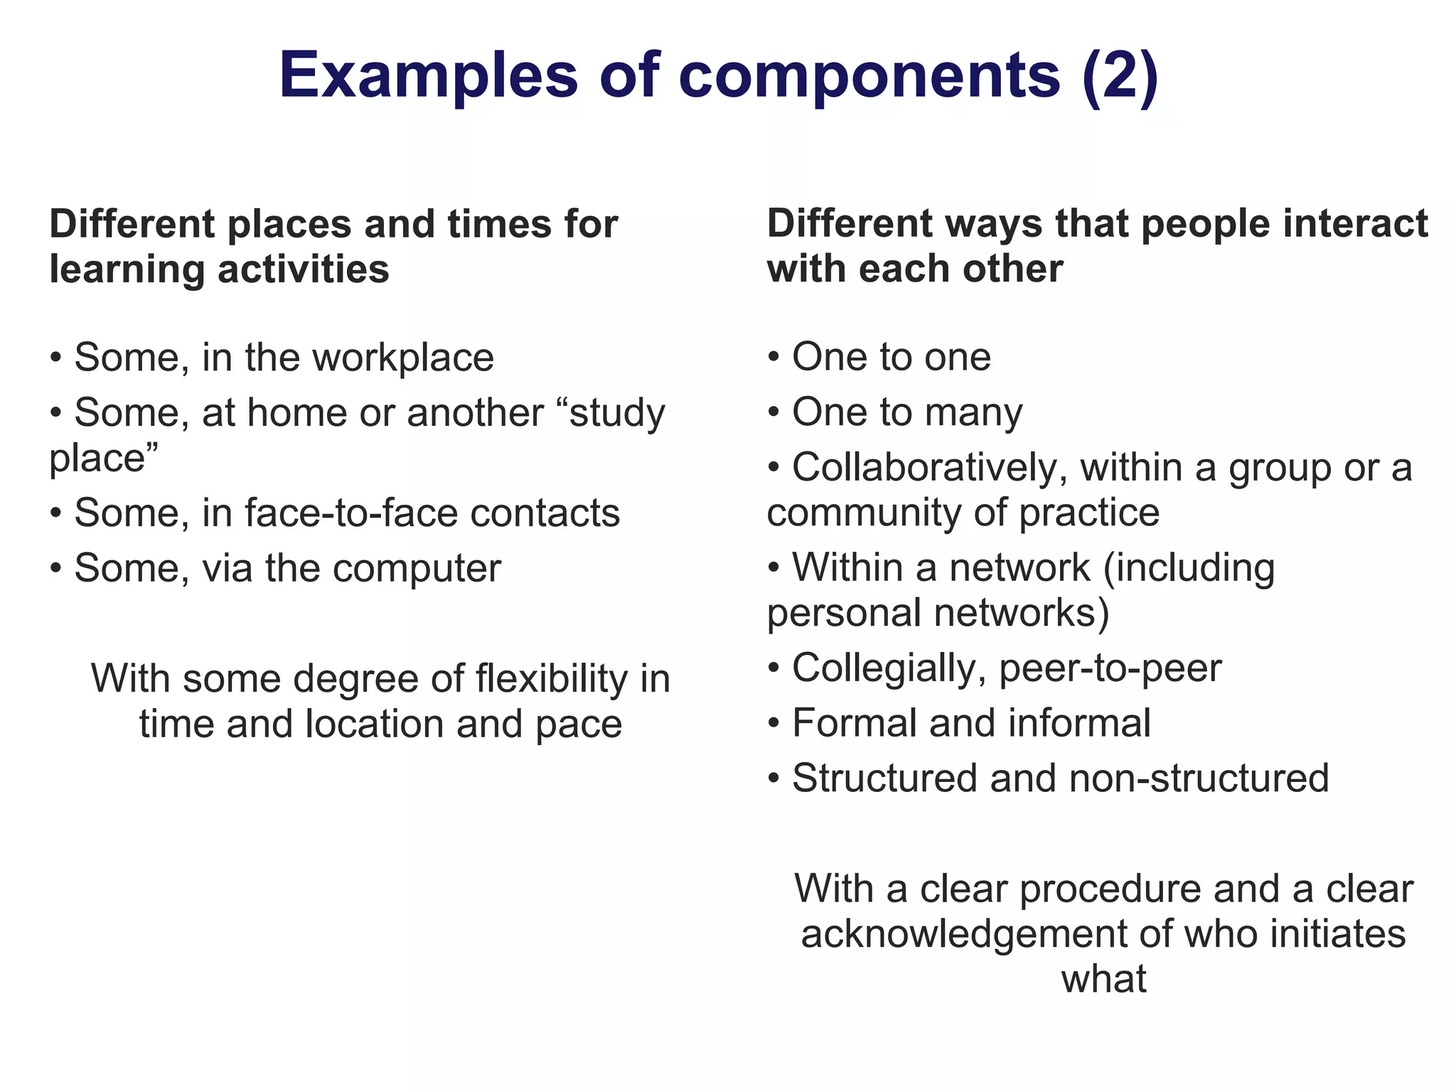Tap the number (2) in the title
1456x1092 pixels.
click(x=1120, y=75)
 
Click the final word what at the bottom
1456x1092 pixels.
click(x=1103, y=979)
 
